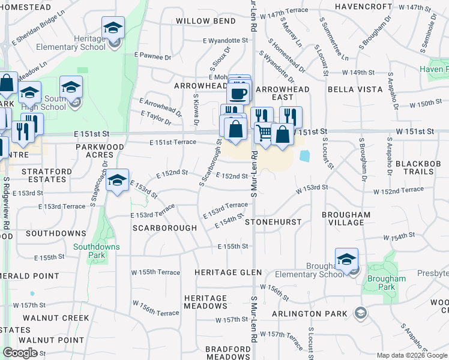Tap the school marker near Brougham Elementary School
347,259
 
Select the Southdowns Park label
97,251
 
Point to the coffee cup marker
238,94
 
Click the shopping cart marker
264,132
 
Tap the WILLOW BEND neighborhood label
206,21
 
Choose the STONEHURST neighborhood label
273,222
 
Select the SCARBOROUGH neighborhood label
164,228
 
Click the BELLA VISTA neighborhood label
355,89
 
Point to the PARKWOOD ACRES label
100,151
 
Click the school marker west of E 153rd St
118,181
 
